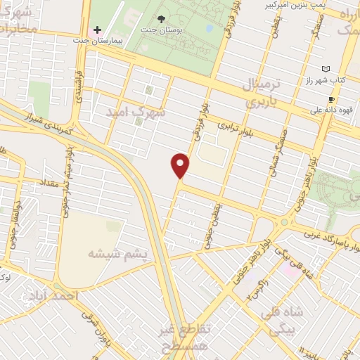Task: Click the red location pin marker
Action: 181,165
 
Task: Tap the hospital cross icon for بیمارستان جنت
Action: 97,31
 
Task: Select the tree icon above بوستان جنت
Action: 162,19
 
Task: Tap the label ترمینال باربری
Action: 261,92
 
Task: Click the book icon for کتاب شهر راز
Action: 325,69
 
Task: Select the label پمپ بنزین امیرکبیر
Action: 307,4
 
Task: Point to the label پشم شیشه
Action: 120,253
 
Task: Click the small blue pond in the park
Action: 210,29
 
